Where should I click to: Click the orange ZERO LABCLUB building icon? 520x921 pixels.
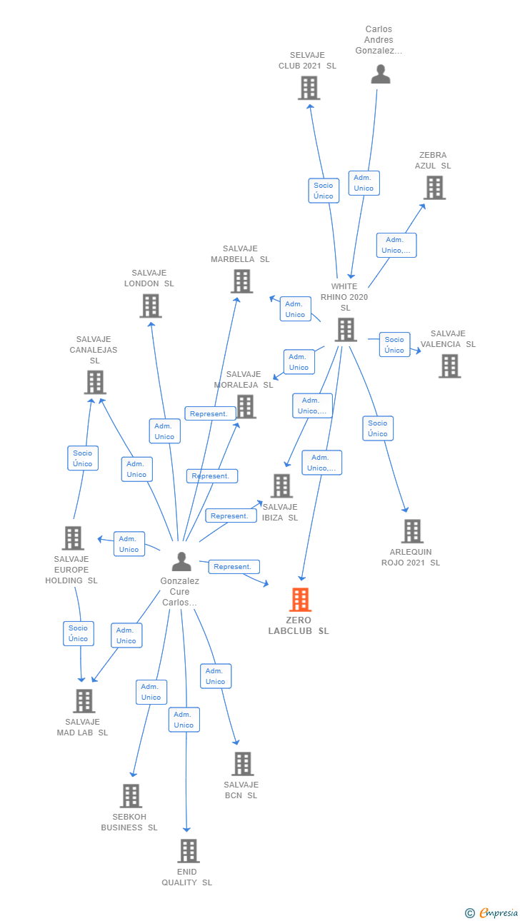300,599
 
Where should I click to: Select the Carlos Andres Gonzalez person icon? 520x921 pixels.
381,74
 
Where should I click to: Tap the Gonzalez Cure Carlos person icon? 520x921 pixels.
181,561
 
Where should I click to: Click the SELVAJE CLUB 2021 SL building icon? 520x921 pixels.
309,88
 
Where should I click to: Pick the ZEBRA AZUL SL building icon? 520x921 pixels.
435,188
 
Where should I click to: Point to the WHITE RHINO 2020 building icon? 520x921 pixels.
346,330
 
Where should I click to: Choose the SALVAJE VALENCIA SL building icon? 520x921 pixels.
450,366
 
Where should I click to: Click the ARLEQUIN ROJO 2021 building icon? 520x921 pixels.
412,531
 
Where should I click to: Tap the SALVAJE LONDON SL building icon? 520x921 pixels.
151,306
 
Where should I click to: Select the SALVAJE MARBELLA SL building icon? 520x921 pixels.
241,281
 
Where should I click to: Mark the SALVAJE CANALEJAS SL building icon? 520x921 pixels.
95,383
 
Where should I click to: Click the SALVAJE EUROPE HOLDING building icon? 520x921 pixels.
73,538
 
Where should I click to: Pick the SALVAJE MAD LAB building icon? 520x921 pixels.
84,701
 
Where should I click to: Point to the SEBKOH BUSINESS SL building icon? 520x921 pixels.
131,796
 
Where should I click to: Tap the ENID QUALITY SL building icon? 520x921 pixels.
189,851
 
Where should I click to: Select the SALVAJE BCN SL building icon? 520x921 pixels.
243,764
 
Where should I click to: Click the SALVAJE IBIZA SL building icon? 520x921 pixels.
282,486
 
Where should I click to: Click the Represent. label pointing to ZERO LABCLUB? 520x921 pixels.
234,567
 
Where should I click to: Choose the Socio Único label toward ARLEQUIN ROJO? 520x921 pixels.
378,428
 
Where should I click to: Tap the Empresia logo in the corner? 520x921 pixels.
491,912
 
